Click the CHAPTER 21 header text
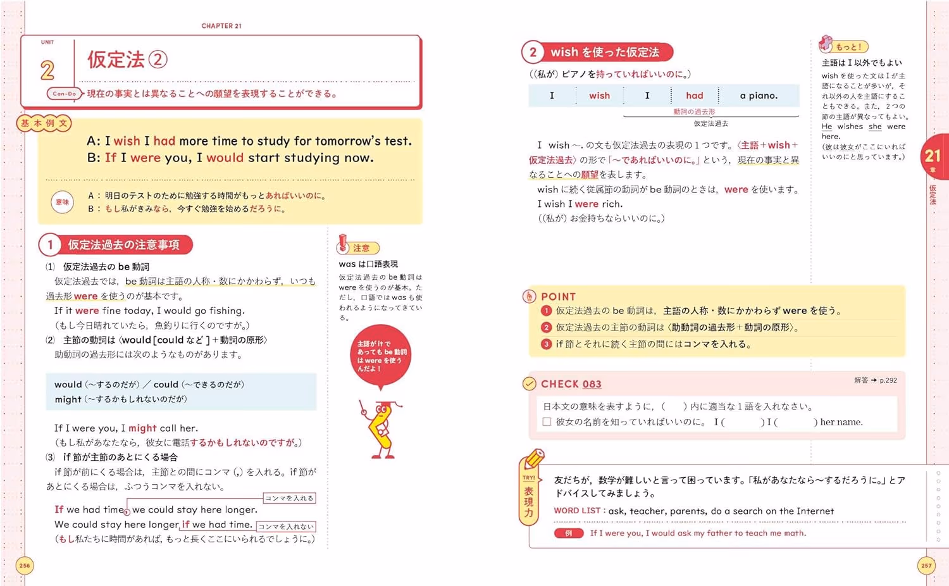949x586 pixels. (x=221, y=26)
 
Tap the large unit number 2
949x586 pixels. (x=47, y=70)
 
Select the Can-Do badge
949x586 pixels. (x=64, y=94)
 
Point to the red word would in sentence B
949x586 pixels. (x=225, y=158)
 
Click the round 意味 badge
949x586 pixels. (x=62, y=202)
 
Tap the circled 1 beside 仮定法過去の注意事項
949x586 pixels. (x=49, y=245)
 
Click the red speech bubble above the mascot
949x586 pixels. (x=380, y=356)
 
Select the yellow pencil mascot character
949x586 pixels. (x=382, y=430)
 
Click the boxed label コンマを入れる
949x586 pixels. (x=289, y=498)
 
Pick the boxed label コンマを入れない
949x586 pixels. (x=286, y=527)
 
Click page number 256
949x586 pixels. (x=25, y=565)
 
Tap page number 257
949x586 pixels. (x=926, y=565)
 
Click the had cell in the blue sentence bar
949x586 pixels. (x=695, y=96)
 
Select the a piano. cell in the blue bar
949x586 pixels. (x=759, y=96)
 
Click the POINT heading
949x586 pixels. (x=559, y=297)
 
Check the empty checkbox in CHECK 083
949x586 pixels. (x=547, y=422)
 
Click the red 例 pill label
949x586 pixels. (x=569, y=533)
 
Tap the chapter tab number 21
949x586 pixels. (x=933, y=156)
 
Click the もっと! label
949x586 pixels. (x=848, y=47)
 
